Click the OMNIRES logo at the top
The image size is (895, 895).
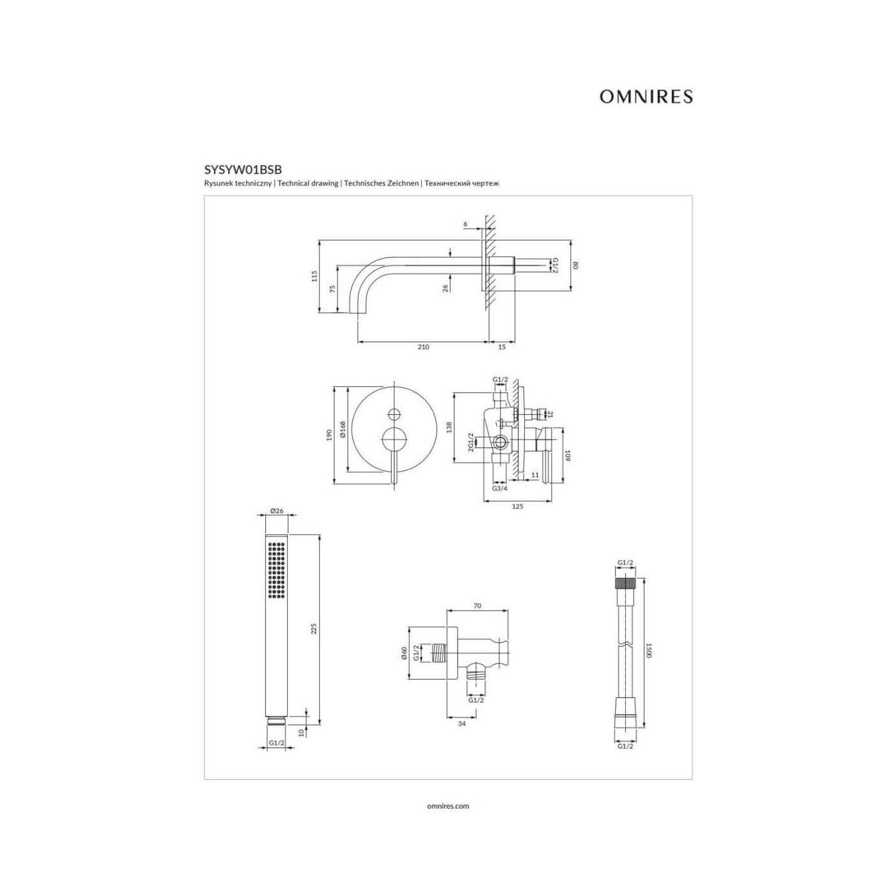point(646,97)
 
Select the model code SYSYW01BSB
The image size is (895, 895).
point(243,169)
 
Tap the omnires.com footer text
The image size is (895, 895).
point(447,806)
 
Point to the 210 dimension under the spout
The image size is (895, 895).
point(424,346)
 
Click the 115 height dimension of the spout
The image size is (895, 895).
point(315,276)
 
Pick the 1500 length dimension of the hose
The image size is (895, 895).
point(650,650)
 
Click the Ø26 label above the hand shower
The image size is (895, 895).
point(276,511)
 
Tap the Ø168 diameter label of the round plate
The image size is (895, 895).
point(343,429)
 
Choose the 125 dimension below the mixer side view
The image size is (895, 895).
point(517,506)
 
